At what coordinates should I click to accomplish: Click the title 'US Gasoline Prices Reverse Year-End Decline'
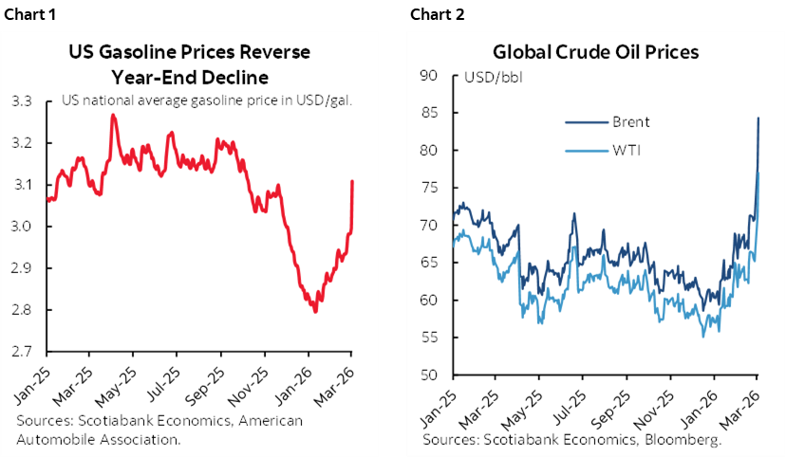tap(188, 63)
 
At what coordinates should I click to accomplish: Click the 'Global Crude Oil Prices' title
tap(594, 52)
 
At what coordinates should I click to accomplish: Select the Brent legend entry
tap(631, 121)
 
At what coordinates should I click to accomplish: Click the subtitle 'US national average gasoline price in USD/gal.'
tap(207, 100)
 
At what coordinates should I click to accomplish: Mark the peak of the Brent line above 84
tap(758, 118)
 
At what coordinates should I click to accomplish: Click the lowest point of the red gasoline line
tap(314, 312)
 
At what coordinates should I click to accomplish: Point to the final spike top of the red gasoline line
tap(352, 181)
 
